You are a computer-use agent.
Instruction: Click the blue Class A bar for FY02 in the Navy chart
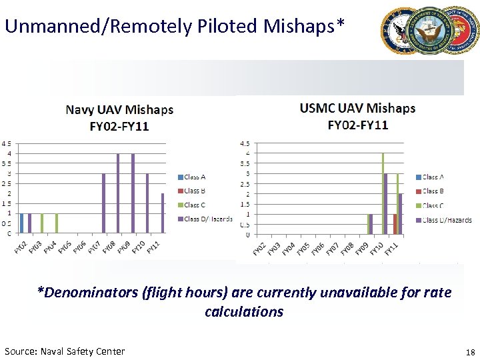click(x=22, y=223)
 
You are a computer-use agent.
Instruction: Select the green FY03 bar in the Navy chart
click(x=42, y=223)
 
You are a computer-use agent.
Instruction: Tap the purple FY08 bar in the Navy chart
click(x=118, y=193)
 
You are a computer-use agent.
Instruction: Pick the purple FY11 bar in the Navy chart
click(x=163, y=213)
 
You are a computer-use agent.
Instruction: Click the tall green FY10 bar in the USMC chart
click(x=383, y=193)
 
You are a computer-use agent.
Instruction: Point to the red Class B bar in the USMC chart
click(x=395, y=224)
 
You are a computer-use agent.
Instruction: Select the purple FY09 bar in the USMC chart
click(x=371, y=224)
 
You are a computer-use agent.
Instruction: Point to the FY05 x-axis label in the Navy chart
click(x=65, y=246)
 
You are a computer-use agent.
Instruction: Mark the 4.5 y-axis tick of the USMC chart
click(x=245, y=143)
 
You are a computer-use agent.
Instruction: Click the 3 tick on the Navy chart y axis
click(x=8, y=173)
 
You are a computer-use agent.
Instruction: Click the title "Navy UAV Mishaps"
click(x=119, y=110)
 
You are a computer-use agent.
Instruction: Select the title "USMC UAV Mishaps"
click(x=357, y=108)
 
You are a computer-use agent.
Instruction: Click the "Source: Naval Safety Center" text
click(x=65, y=351)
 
